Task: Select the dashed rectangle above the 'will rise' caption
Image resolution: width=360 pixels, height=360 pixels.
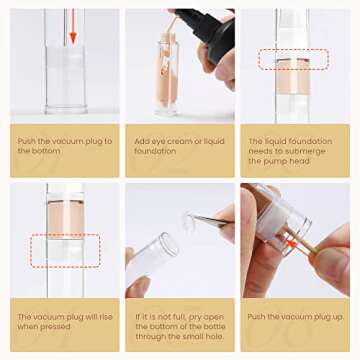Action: click(64, 250)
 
